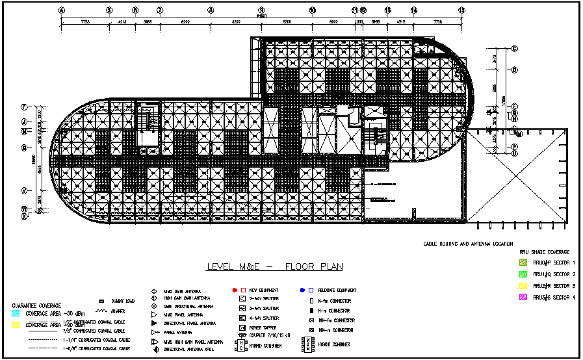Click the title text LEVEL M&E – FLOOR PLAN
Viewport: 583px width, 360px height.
274,266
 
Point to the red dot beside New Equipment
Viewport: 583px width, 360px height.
234,289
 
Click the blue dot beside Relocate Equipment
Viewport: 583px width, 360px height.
303,289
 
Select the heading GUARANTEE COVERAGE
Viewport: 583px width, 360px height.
37,305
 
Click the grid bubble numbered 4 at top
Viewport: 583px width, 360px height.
61,10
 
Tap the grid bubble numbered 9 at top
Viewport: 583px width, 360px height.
261,10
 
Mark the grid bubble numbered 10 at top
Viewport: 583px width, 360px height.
312,10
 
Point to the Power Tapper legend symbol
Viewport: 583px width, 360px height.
242,328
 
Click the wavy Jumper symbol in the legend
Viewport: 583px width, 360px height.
101,312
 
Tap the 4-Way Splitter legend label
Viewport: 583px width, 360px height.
263,318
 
